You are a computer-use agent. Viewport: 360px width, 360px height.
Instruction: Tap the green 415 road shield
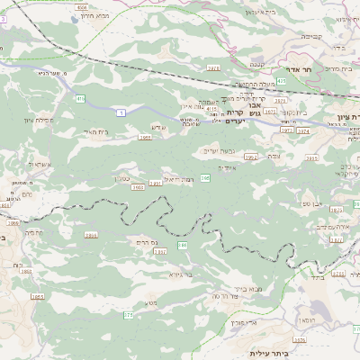[x=80, y=98]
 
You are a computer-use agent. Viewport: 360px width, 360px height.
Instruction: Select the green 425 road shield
[x=282, y=81]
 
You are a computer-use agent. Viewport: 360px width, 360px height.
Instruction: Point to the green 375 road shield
[x=128, y=314]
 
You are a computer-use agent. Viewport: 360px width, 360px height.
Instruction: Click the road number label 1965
[x=145, y=138]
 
